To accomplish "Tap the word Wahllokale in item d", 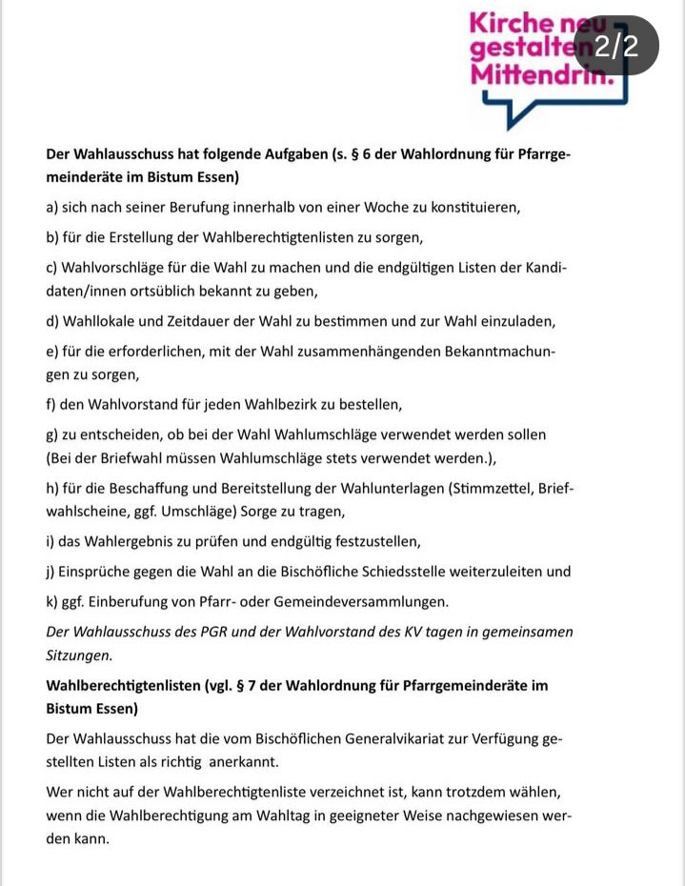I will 99,320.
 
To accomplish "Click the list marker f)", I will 51,404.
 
